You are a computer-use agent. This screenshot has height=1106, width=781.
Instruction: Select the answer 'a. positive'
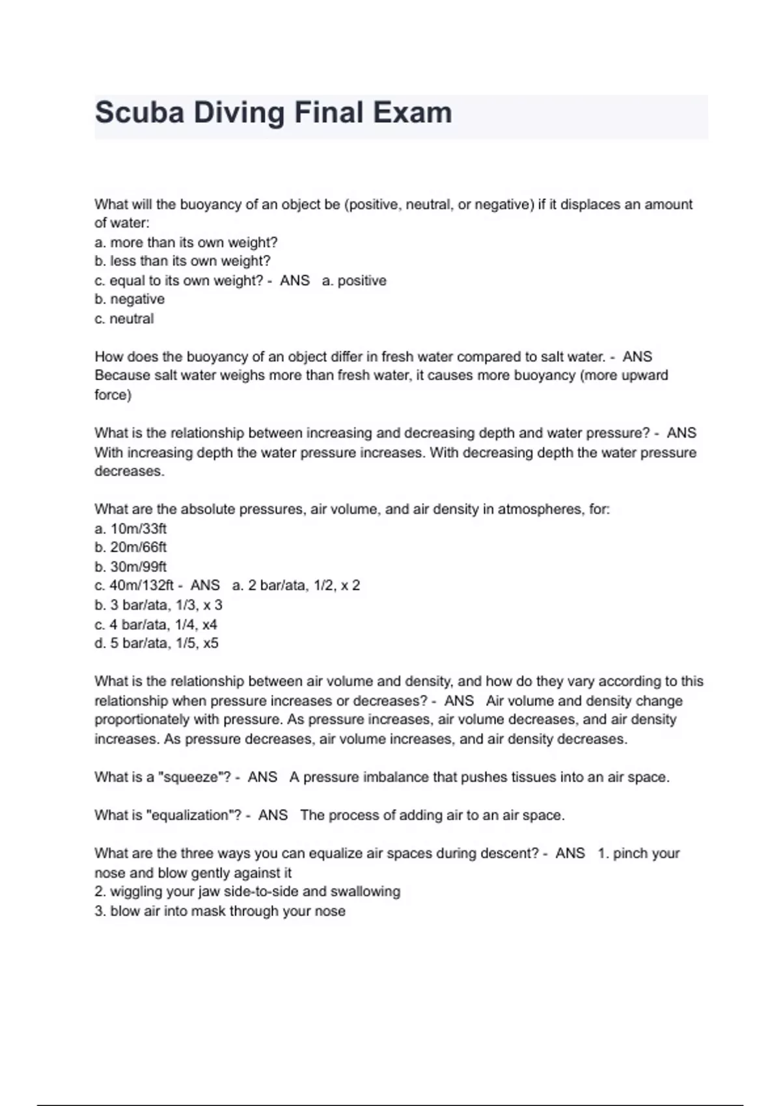[354, 280]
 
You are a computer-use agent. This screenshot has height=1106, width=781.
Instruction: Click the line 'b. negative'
[130, 299]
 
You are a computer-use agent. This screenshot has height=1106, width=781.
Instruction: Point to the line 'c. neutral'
[124, 319]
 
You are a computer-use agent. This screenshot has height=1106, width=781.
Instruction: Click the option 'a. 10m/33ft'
[131, 528]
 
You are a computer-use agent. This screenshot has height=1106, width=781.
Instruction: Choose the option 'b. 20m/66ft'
[131, 547]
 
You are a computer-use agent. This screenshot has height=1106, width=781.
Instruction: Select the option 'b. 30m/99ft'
[131, 567]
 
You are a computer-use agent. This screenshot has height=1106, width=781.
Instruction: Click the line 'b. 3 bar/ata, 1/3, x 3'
[158, 605]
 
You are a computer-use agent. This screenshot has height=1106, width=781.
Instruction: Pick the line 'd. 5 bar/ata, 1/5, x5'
[156, 643]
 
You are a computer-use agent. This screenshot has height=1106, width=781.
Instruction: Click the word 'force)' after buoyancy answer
[113, 395]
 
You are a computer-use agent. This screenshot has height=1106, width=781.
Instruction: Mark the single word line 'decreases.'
[129, 471]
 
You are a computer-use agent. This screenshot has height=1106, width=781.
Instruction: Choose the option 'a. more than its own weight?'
[186, 243]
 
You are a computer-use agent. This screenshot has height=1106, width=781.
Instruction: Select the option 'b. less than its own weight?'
[182, 262]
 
